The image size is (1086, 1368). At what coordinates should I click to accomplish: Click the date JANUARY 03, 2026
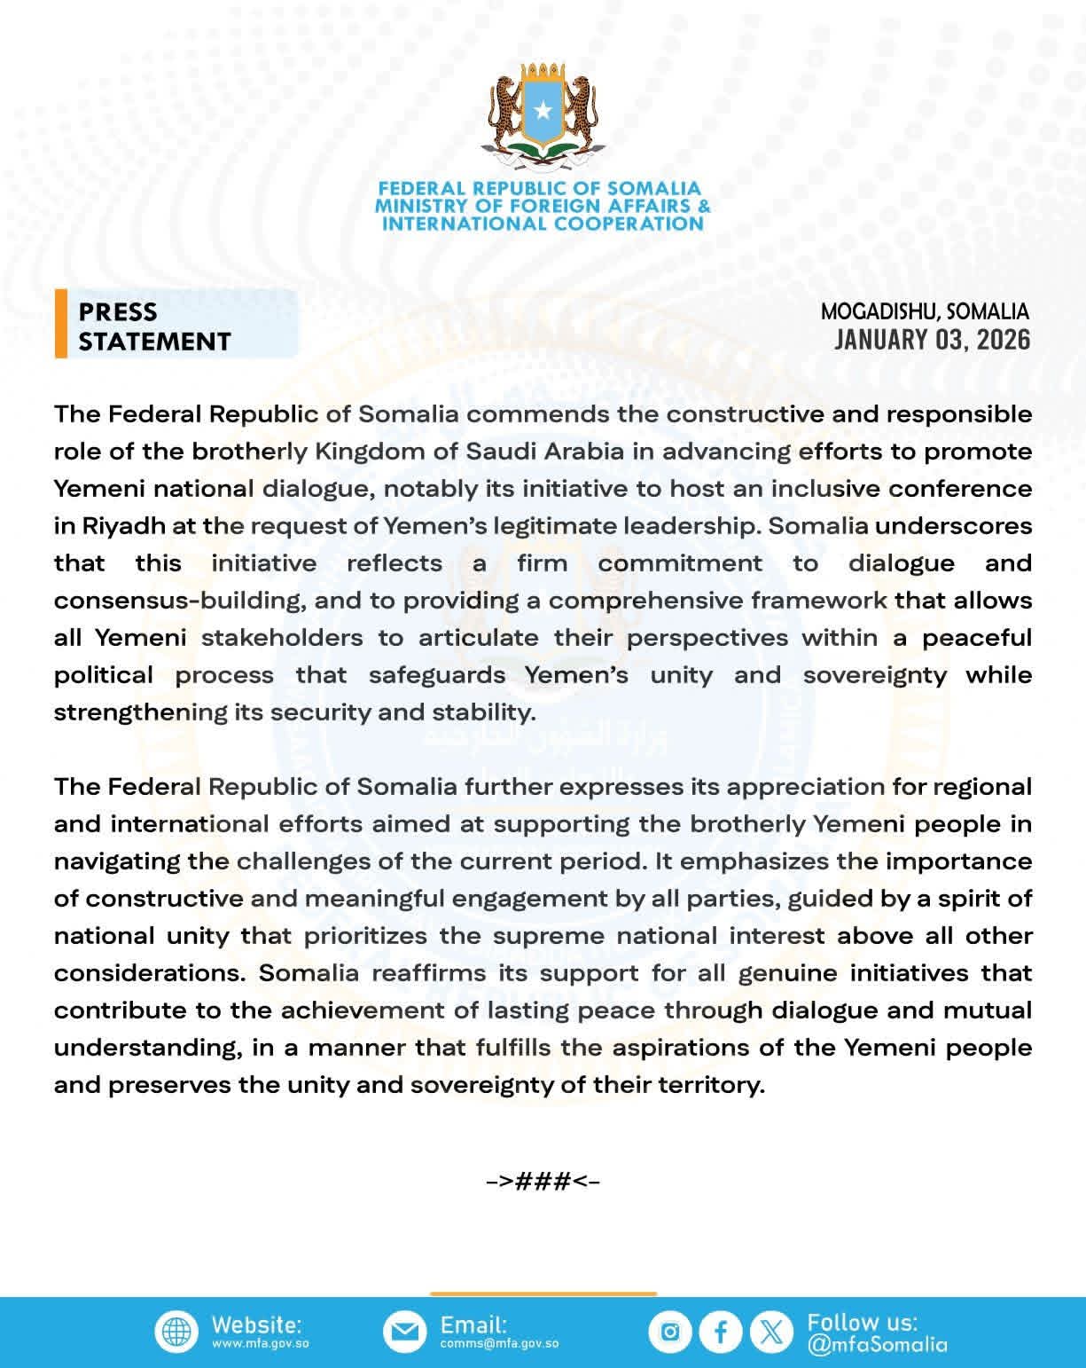pos(932,340)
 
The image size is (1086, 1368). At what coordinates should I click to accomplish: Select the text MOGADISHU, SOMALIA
pos(925,311)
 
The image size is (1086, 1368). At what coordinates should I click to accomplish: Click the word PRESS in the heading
pos(118,311)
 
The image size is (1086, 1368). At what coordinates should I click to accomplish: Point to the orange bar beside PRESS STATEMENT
pos(60,324)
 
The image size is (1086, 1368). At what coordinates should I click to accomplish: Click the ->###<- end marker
pos(543,1181)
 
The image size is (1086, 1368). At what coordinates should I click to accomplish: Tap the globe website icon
pos(177,1332)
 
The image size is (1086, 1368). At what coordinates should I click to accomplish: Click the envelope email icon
pos(404,1332)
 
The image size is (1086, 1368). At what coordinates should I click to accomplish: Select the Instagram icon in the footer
pos(670,1332)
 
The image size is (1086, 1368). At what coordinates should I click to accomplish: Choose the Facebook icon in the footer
pos(721,1332)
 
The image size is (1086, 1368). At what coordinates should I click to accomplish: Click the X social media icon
pos(772,1332)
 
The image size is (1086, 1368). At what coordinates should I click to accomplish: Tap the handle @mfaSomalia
pos(877,1345)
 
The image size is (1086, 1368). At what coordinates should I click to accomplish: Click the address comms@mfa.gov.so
pos(499,1344)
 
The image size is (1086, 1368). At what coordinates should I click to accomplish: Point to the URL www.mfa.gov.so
pos(260,1344)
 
